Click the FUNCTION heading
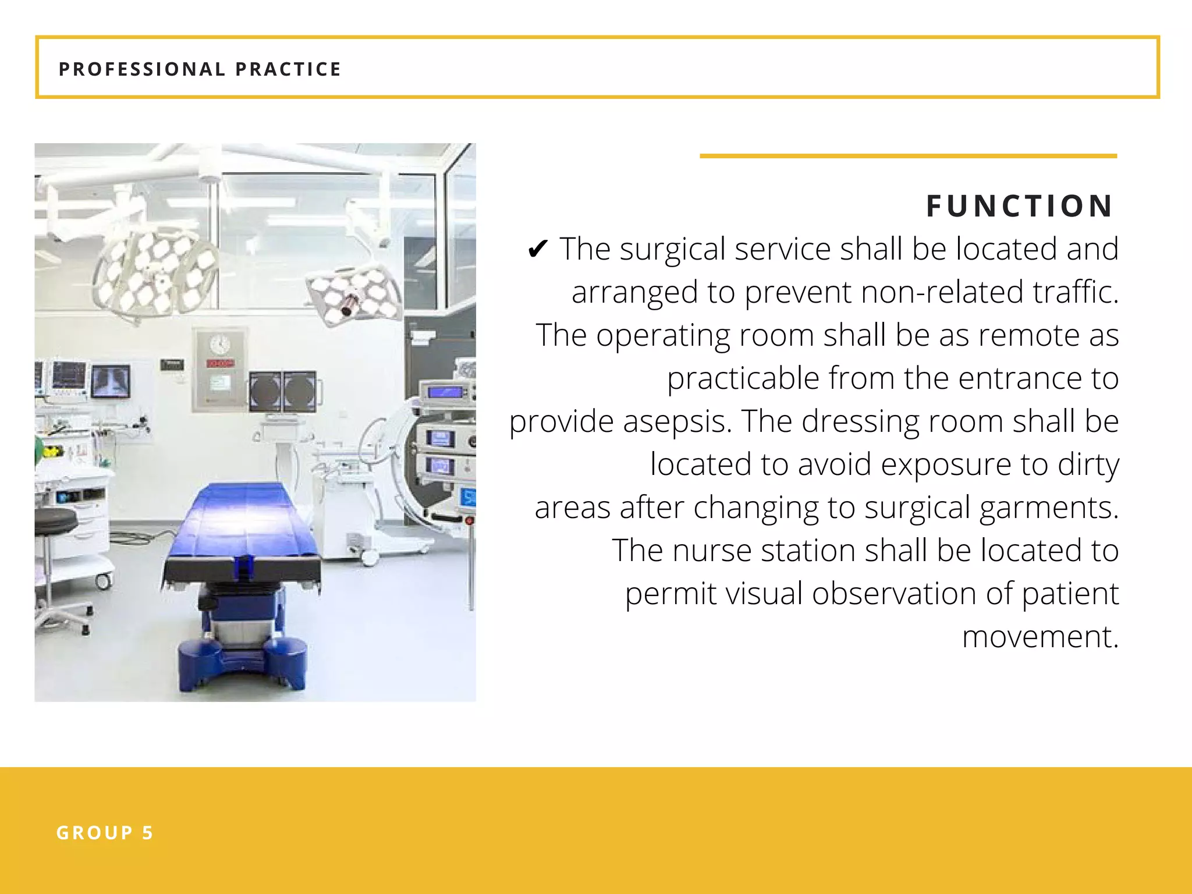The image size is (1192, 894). (x=1019, y=206)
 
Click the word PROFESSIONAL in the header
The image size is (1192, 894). (x=142, y=69)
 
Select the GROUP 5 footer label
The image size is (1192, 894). (x=105, y=833)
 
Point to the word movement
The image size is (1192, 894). (x=1040, y=637)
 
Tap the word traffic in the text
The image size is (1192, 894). (x=1074, y=292)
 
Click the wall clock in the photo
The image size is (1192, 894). (x=219, y=344)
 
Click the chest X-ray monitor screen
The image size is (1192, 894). (x=111, y=381)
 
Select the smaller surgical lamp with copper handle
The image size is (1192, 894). (x=353, y=296)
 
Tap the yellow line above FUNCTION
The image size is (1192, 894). (x=908, y=156)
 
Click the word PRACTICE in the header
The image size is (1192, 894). (x=288, y=69)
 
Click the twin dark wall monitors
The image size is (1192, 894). (x=283, y=391)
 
